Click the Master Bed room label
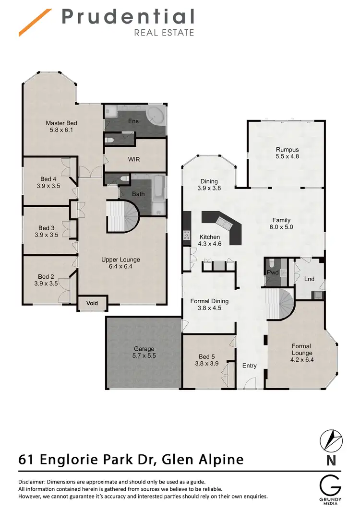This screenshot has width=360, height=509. (61, 123)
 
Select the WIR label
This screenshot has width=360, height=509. (134, 159)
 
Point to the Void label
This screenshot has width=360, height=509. (92, 303)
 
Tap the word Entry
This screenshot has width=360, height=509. (250, 366)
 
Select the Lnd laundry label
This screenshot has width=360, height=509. (310, 279)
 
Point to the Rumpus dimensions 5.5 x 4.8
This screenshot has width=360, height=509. (287, 156)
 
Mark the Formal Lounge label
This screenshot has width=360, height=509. (301, 349)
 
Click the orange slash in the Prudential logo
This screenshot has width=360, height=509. (35, 23)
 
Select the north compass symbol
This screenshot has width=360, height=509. (331, 440)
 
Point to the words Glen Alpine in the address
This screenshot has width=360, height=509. (203, 460)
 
